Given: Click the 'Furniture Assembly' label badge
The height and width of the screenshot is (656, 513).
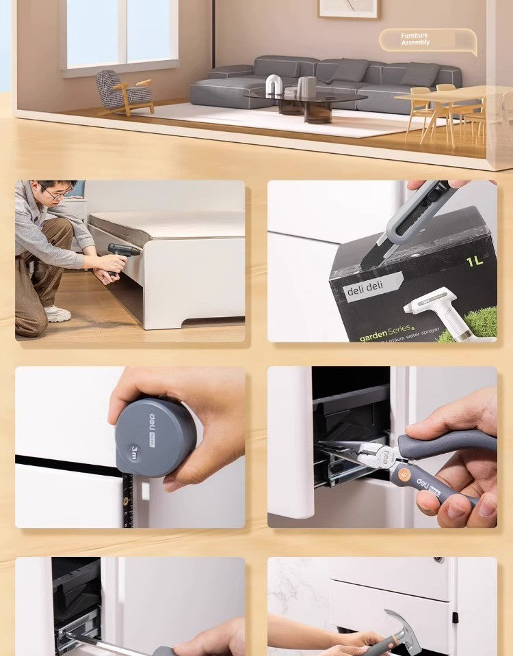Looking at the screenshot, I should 427,40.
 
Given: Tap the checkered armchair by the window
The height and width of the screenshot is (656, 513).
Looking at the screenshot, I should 123,91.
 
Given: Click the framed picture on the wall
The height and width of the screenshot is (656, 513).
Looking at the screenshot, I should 348,8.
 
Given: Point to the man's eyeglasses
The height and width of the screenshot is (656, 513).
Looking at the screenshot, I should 59,195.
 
